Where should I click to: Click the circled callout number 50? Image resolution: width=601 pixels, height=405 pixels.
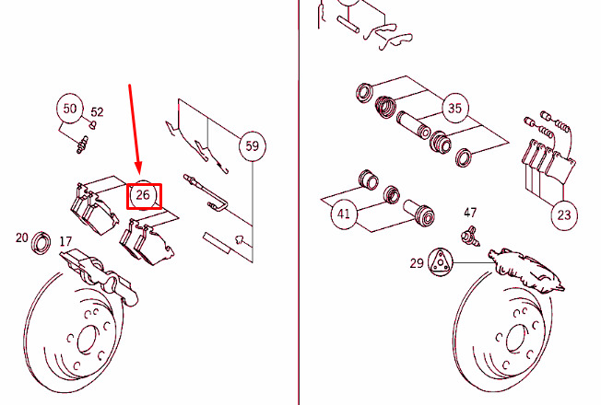click(x=70, y=109)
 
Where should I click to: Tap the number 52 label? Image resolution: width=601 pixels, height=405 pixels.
click(x=97, y=111)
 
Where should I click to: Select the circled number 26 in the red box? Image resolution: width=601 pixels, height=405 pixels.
click(x=143, y=195)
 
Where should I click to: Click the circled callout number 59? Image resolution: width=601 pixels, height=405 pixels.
click(x=252, y=145)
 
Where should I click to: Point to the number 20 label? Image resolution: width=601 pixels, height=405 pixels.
click(x=22, y=237)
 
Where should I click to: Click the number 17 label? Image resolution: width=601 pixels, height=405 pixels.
click(x=65, y=241)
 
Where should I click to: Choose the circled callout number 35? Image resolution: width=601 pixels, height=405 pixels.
click(x=454, y=108)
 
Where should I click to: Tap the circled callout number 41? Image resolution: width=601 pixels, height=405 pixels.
click(x=344, y=214)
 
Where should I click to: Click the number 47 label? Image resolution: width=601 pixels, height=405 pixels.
click(x=470, y=213)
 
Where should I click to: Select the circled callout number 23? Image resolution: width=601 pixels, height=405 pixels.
click(x=564, y=214)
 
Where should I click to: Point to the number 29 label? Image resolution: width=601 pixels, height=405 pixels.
click(x=417, y=263)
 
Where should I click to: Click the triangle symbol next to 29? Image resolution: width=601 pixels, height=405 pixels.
click(x=440, y=261)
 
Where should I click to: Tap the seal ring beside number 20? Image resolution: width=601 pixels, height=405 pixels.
click(x=41, y=243)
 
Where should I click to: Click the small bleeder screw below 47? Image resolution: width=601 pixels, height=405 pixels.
click(x=470, y=236)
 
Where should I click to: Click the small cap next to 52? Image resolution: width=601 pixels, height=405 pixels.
click(x=92, y=125)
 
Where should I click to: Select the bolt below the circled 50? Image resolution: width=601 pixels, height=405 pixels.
click(x=82, y=145)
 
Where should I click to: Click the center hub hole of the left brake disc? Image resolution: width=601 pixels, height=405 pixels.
click(x=87, y=339)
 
